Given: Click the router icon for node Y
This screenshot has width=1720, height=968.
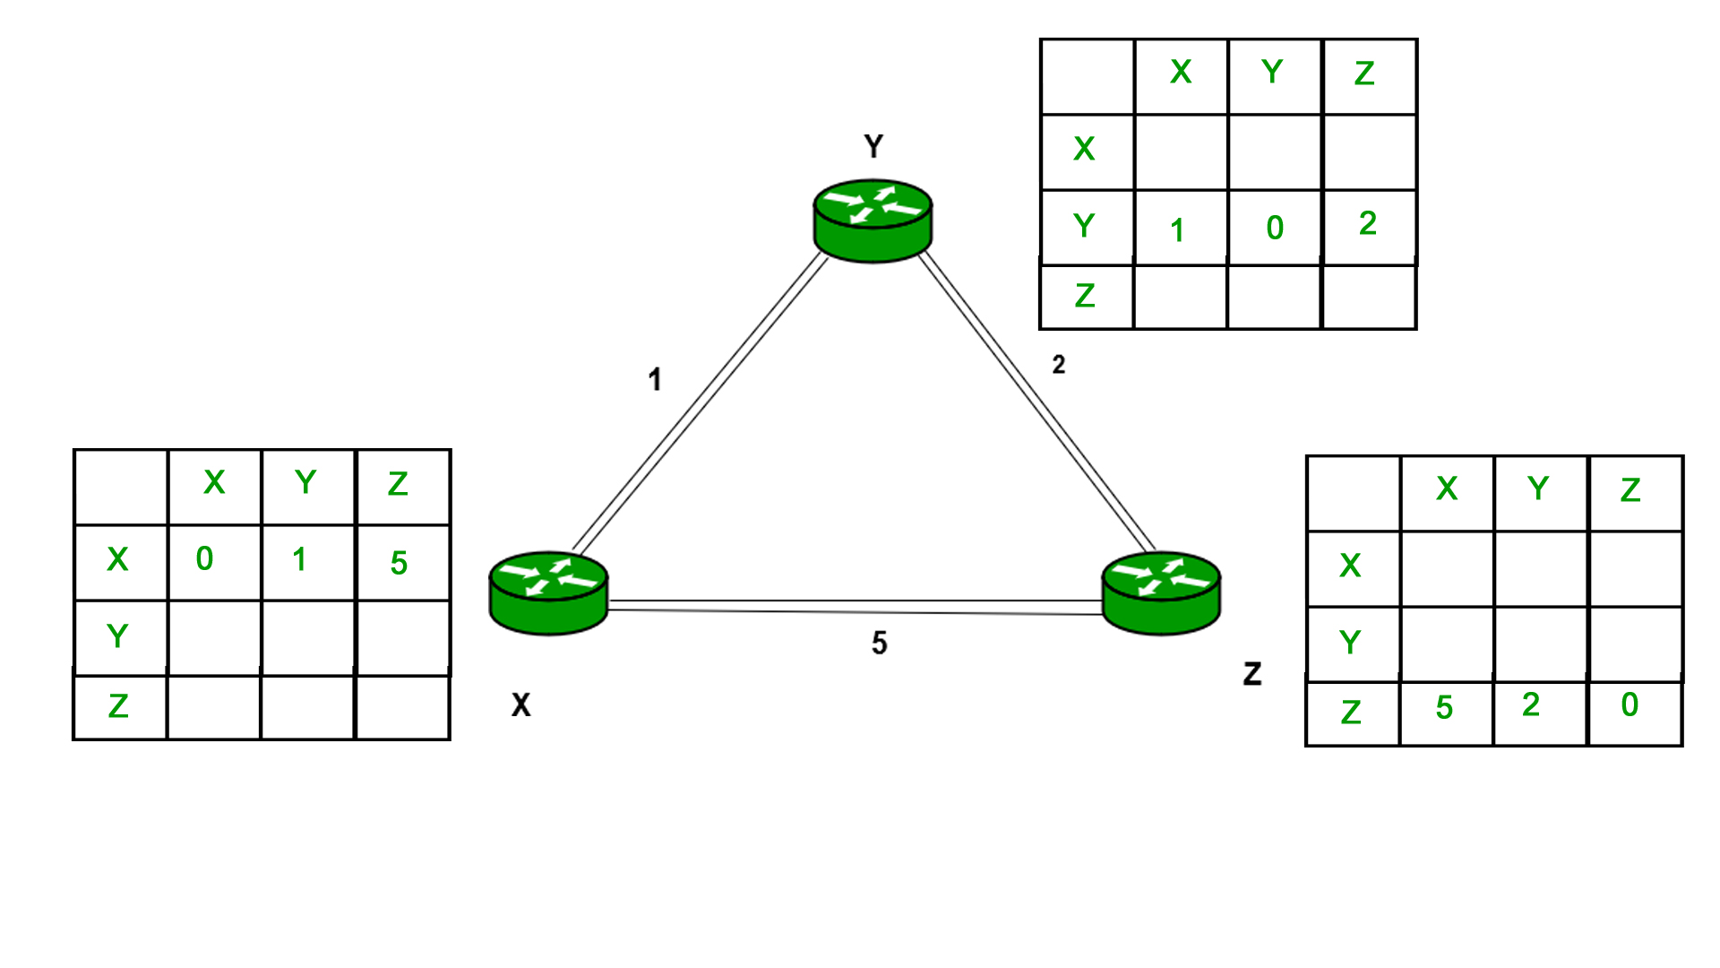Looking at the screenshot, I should pyautogui.click(x=873, y=221).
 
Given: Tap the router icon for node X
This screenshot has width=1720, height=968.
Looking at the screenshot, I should pyautogui.click(x=548, y=593).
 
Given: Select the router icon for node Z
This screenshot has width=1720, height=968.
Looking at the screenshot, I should pyautogui.click(x=1161, y=593).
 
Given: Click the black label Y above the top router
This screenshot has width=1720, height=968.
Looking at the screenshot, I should pyautogui.click(x=873, y=146).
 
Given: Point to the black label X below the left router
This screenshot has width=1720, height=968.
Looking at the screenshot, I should pyautogui.click(x=520, y=705).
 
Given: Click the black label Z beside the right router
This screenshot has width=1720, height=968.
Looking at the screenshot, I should pyautogui.click(x=1252, y=674).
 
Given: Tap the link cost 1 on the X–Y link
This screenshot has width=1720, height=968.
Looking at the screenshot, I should pyautogui.click(x=655, y=380).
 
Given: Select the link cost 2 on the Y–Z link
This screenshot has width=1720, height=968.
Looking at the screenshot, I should pyautogui.click(x=1059, y=365).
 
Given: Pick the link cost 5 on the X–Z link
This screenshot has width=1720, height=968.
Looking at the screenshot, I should pyautogui.click(x=879, y=643).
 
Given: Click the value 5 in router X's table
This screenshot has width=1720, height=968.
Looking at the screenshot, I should pyautogui.click(x=399, y=563).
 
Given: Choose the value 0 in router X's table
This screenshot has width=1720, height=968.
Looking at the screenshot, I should pyautogui.click(x=204, y=559).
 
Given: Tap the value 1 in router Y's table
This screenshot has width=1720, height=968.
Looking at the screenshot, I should pyautogui.click(x=1177, y=230).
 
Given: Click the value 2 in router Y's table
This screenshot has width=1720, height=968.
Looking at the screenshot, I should pyautogui.click(x=1367, y=223).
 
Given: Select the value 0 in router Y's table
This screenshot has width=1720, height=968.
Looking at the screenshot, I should pyautogui.click(x=1275, y=228).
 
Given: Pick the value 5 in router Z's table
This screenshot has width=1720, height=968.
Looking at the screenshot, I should pyautogui.click(x=1444, y=707).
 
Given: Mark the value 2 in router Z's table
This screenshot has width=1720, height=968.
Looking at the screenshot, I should pyautogui.click(x=1531, y=704).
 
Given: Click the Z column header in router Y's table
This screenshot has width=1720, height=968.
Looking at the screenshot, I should pyautogui.click(x=1364, y=73).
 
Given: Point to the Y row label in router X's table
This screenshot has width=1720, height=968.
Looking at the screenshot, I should pyautogui.click(x=117, y=635).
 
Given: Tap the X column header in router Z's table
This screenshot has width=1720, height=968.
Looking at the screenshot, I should pyautogui.click(x=1447, y=488).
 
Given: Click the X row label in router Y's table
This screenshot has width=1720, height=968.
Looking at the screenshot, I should pyautogui.click(x=1084, y=149).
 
